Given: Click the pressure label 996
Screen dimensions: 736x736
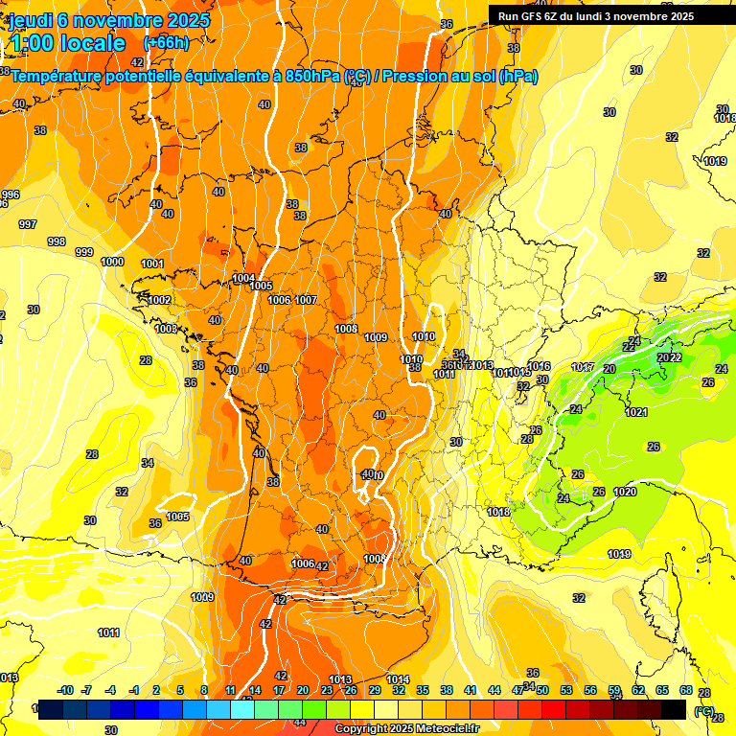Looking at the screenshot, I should (10, 195).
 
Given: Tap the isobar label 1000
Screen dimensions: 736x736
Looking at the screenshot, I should (112, 262).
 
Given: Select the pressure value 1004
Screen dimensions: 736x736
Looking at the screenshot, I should (243, 278).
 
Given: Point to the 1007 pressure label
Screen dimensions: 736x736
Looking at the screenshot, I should (306, 300).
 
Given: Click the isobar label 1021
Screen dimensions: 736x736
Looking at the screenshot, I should (636, 412).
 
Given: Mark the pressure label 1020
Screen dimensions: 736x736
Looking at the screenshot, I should (625, 492).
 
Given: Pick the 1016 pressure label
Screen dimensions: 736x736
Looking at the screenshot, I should (540, 366).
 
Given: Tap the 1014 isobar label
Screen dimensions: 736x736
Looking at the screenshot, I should (398, 679).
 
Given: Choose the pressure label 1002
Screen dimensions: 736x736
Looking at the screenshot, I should (159, 300).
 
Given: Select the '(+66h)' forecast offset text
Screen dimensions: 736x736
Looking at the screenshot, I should (166, 43).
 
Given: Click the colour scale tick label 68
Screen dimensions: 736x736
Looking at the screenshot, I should (686, 691).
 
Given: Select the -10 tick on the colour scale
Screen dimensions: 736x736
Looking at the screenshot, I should (65, 691).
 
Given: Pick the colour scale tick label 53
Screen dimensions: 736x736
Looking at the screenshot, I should (566, 691).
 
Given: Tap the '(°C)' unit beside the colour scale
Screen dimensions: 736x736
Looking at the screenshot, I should (704, 710).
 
